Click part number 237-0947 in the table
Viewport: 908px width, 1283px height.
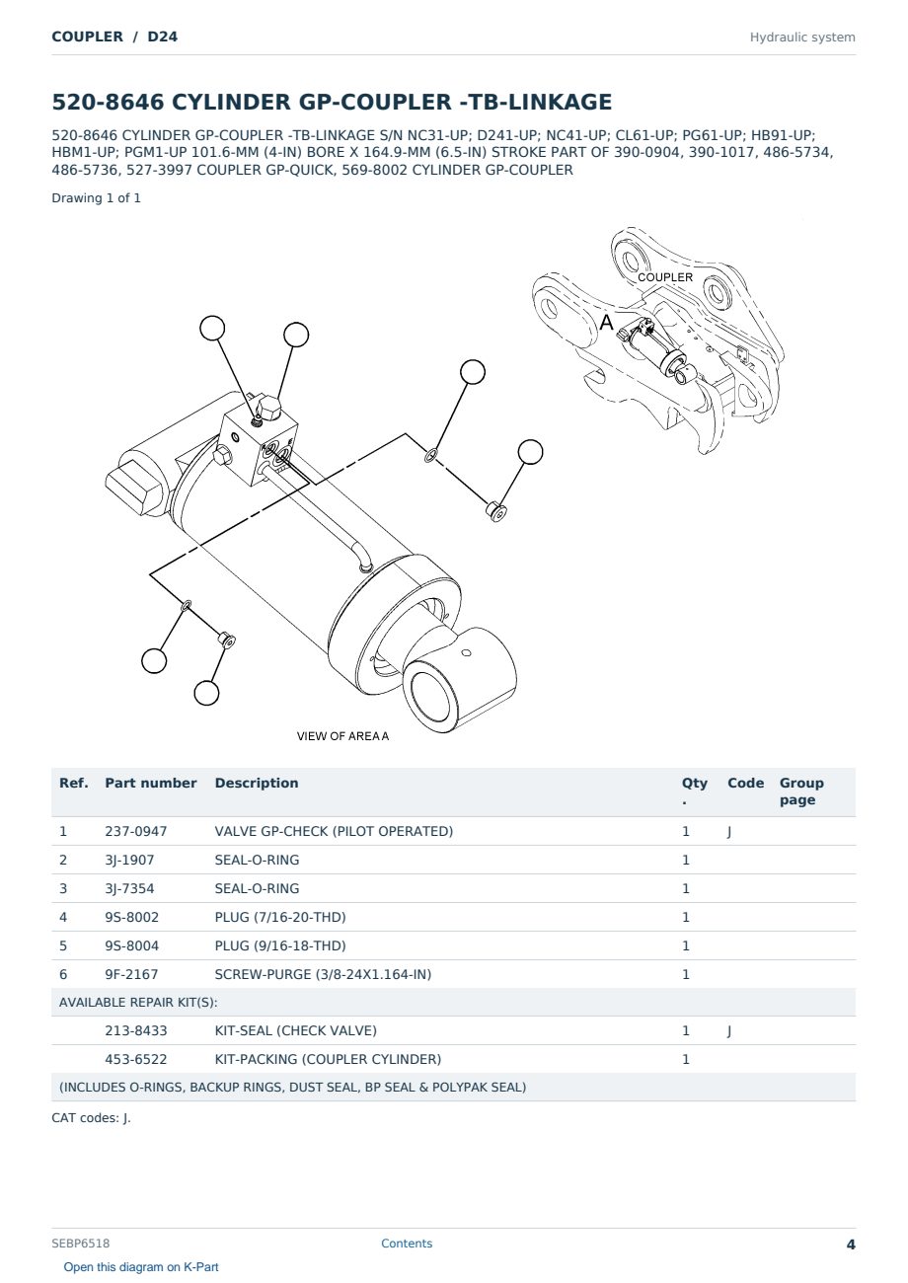point(135,831)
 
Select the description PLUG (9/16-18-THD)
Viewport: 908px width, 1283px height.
point(280,945)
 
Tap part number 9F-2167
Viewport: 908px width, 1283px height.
point(131,974)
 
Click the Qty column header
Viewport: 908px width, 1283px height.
point(694,791)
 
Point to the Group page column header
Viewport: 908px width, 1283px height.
point(801,791)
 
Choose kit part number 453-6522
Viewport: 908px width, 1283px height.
point(135,1059)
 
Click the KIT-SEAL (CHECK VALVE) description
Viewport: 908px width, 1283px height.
point(296,1030)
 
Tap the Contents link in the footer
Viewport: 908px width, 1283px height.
point(407,1244)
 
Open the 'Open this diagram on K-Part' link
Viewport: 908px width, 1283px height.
point(141,1267)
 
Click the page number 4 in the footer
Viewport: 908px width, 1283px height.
point(851,1245)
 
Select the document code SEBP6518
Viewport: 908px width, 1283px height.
point(80,1244)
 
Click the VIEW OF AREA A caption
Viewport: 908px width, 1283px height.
point(342,736)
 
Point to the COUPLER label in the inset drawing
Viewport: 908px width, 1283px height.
point(665,277)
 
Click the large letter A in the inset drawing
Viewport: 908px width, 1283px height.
point(606,323)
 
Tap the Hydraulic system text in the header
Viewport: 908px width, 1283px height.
point(802,38)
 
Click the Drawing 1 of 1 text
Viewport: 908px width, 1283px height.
point(97,198)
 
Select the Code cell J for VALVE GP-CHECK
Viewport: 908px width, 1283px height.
point(729,832)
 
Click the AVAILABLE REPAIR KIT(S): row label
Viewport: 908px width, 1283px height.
point(138,1003)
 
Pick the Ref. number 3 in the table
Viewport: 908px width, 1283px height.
point(63,888)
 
